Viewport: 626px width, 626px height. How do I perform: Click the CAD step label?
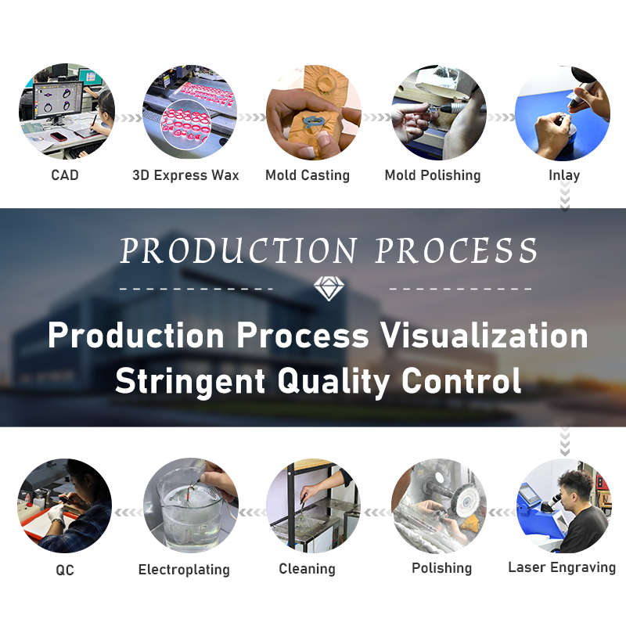click(65, 174)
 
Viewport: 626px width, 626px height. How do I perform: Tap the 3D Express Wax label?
click(185, 174)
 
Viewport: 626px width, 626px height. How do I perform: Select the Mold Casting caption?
click(308, 174)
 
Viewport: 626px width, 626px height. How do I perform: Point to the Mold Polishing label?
click(433, 174)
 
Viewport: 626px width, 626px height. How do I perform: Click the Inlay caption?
click(564, 174)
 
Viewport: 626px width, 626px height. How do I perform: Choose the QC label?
click(65, 570)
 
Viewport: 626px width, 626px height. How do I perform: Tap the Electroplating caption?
click(184, 570)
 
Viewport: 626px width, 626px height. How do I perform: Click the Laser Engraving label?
click(562, 567)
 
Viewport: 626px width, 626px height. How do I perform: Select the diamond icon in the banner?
click(329, 288)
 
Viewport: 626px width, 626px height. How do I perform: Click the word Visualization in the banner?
click(484, 336)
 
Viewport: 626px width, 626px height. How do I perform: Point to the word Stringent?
click(190, 381)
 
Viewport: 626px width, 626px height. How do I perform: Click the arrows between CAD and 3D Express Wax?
click(128, 118)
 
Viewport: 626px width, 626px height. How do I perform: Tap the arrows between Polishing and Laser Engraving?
click(502, 513)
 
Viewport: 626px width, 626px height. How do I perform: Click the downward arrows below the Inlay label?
click(564, 196)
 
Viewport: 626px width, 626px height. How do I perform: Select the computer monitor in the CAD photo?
click(58, 102)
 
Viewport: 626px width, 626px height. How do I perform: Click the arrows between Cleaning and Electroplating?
click(252, 513)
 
